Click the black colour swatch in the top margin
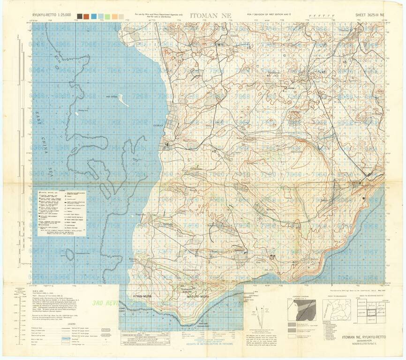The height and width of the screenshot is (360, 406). point(80,16)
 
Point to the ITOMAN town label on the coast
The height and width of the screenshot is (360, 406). point(158,126)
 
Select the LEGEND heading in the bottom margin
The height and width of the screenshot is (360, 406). point(71,323)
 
